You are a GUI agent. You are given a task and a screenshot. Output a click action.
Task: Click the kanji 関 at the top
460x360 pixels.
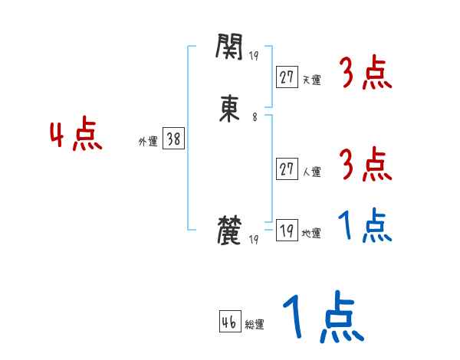229,49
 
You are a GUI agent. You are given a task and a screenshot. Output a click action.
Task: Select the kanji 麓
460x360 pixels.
230,231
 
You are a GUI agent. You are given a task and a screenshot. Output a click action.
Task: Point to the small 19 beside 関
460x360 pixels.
254,54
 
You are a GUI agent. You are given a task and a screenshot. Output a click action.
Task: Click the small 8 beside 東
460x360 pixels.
255,117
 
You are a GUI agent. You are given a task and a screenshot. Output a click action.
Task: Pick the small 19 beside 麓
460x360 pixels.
254,239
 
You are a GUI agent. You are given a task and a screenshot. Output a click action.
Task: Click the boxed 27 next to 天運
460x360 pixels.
287,77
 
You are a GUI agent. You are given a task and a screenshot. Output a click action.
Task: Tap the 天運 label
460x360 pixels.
311,80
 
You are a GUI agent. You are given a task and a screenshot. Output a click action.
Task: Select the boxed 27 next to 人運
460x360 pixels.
287,169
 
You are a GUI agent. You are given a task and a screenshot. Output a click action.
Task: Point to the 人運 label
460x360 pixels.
311,172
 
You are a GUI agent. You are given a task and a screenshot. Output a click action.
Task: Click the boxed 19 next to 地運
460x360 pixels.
287,231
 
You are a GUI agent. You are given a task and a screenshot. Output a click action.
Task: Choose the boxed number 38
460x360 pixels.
173,139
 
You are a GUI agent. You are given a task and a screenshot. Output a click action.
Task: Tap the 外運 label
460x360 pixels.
148,142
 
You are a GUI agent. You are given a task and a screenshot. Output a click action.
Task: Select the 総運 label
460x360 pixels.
255,324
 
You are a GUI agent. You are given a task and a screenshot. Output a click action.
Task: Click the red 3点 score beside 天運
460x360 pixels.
366,74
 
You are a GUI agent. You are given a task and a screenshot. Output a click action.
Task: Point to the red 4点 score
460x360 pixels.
75,136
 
